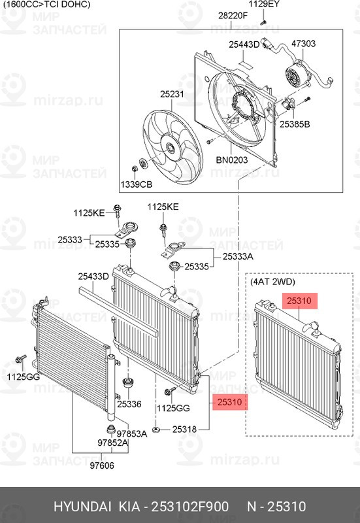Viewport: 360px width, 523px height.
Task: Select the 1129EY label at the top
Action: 265,5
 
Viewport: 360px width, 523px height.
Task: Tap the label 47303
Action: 303,44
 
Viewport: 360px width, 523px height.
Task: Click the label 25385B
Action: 295,124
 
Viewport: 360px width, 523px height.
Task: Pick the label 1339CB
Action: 135,186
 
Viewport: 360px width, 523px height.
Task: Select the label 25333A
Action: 237,257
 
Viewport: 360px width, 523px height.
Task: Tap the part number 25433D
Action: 93,277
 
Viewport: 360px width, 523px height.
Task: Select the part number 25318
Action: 186,430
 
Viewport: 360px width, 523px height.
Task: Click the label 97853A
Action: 131,433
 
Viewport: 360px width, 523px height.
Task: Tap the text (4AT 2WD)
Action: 273,282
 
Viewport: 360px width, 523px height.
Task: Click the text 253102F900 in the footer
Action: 190,507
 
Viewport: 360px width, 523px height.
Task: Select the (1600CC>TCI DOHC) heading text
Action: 45,5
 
